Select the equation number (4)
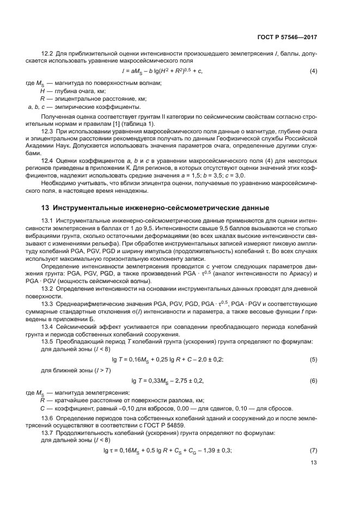[x=314, y=71]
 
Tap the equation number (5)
[x=314, y=360]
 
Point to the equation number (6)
[x=314, y=380]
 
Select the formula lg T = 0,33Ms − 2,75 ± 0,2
[x=169, y=380]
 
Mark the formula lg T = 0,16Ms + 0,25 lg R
[x=171, y=360]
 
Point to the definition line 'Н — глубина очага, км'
[x=65, y=91]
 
